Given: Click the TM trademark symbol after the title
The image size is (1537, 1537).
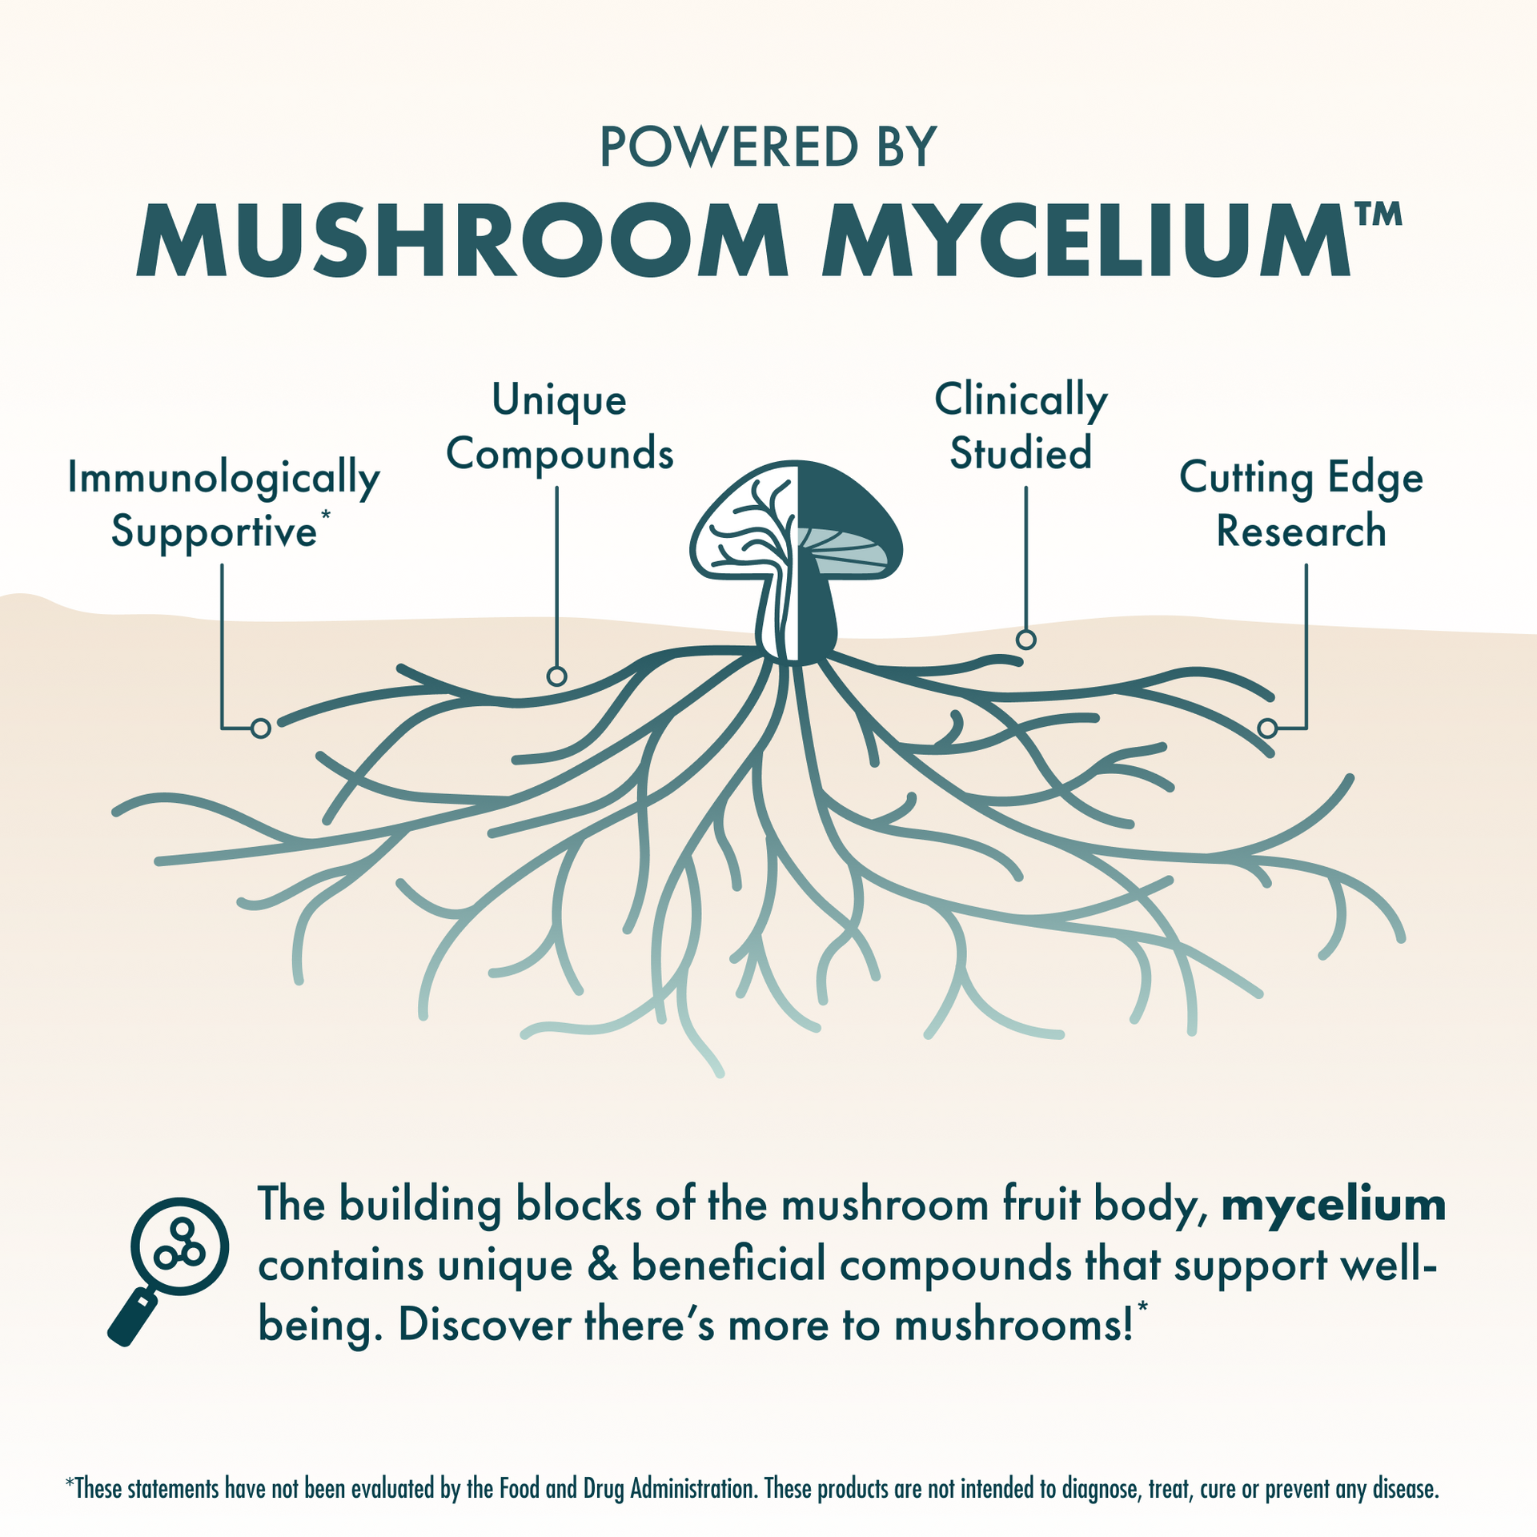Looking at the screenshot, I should click(x=1378, y=215).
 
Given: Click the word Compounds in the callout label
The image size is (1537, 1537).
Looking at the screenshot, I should click(x=560, y=454).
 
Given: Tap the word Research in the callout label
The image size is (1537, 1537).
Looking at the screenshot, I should click(x=1301, y=532).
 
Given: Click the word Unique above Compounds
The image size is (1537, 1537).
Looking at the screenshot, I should click(x=559, y=400).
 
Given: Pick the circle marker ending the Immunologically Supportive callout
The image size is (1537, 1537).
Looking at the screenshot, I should click(x=260, y=728).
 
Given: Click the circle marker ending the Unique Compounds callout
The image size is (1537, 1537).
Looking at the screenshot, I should click(x=556, y=676).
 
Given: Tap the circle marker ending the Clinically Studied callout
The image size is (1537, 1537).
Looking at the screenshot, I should click(x=1025, y=640).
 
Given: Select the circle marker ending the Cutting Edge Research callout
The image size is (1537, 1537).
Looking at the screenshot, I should click(x=1266, y=728).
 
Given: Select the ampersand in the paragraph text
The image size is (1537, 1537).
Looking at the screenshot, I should click(x=601, y=1266).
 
